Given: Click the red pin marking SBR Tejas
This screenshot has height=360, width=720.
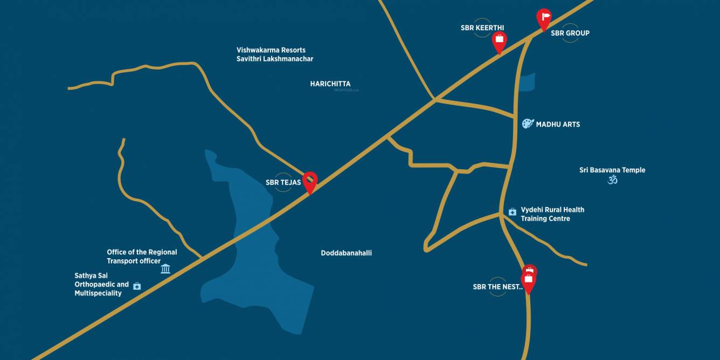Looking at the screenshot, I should click(310, 180).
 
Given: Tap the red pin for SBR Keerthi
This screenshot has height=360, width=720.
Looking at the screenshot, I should click(500, 40).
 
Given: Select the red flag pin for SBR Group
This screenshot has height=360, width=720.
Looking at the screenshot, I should click(544, 18).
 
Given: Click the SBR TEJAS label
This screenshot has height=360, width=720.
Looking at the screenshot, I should click(283, 183).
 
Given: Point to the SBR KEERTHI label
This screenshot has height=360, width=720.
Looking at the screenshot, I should click(482, 28).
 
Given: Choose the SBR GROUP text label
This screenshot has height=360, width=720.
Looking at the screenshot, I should click(570, 33).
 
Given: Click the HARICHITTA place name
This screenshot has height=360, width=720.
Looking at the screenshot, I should click(330, 84).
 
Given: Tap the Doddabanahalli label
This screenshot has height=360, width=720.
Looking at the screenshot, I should click(346, 253).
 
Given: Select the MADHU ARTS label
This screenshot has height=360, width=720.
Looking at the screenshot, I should click(558, 124).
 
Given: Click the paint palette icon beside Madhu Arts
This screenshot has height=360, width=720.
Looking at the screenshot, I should click(528, 124).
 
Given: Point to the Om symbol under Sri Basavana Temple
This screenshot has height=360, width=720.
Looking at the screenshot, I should click(612, 179).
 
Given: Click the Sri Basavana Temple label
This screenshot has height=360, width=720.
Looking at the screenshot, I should click(612, 170).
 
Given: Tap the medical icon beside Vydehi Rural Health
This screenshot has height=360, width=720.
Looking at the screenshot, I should click(513, 212).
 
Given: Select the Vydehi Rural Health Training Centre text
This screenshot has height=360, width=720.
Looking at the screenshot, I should click(552, 214).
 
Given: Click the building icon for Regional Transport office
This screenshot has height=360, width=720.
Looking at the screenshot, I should click(165, 268).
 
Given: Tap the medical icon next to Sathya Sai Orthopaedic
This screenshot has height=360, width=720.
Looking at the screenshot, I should click(137, 286).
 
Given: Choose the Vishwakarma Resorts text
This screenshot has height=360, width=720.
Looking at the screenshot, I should click(271, 50).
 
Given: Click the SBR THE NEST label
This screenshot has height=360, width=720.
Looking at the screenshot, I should click(497, 287).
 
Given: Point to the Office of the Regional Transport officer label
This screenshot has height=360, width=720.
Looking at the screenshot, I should click(142, 257).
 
